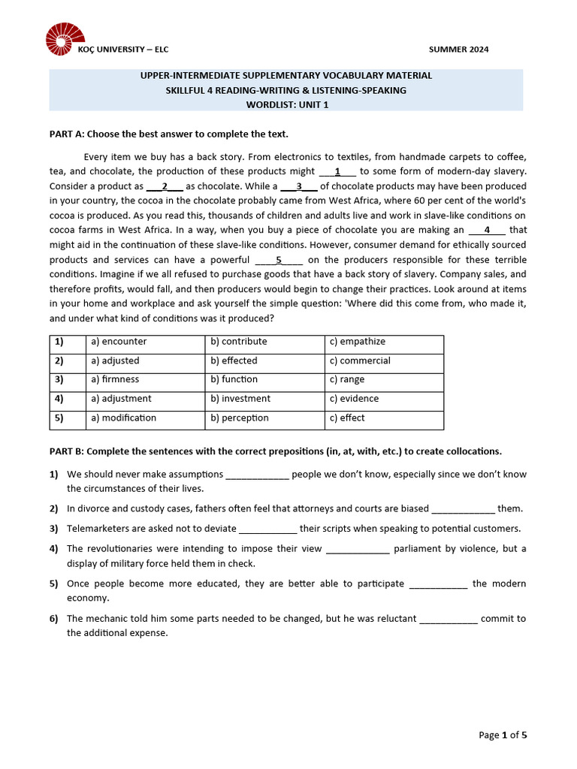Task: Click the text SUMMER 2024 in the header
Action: (x=458, y=50)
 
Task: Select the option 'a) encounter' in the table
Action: (x=119, y=342)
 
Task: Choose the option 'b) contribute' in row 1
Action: (x=238, y=342)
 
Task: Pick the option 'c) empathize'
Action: (x=357, y=342)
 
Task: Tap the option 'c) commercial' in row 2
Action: (x=360, y=360)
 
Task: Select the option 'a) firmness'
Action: (x=115, y=380)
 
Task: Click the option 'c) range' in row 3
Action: (x=346, y=380)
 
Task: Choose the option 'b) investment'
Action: (x=240, y=399)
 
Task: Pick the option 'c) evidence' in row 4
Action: (x=354, y=399)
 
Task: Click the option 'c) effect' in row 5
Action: (x=347, y=418)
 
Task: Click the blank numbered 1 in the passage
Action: (x=337, y=171)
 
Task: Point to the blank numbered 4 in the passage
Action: (x=487, y=231)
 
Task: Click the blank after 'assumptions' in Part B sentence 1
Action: (x=257, y=475)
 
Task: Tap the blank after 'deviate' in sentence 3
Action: (x=267, y=529)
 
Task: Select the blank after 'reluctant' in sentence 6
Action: (x=448, y=620)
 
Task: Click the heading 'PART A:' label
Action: (x=67, y=134)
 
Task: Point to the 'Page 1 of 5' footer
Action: (x=503, y=735)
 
